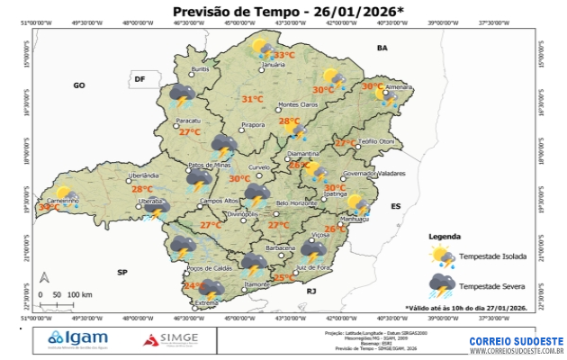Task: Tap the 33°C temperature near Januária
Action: point(284,55)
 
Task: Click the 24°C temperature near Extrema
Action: point(192,286)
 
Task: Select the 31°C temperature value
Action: point(253,99)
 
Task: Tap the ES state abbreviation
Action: point(394,206)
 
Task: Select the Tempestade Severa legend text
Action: point(492,285)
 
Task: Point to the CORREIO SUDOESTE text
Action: point(516,341)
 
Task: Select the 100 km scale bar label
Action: point(80,294)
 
